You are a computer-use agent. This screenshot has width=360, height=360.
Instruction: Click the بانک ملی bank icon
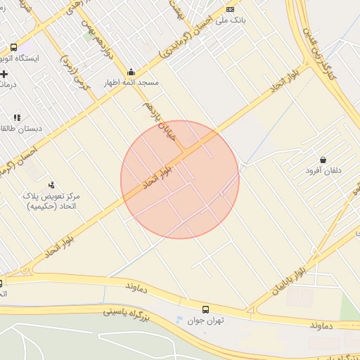pos(231,9)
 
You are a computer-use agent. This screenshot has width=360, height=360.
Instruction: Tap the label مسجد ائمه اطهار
pos(131,83)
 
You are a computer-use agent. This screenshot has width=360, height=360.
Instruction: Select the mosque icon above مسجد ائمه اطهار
pos(131,72)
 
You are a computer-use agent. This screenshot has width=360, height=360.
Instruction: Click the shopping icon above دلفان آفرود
pos(323,160)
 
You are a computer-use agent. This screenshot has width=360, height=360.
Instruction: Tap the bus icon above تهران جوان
pos(205,309)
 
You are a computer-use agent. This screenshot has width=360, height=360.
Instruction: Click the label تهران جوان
pos(205,321)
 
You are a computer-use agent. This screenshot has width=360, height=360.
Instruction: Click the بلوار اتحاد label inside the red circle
pos(157,175)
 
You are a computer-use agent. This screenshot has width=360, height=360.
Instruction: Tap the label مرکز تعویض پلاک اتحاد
pos(53,201)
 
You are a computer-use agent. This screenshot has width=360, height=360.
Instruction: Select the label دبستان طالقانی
pos(21,129)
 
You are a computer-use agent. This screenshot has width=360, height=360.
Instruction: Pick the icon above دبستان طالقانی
pos(17,117)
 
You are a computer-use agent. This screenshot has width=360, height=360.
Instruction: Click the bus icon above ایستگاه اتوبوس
pos(13,48)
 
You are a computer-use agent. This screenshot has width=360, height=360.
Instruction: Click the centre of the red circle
pos(180,179)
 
